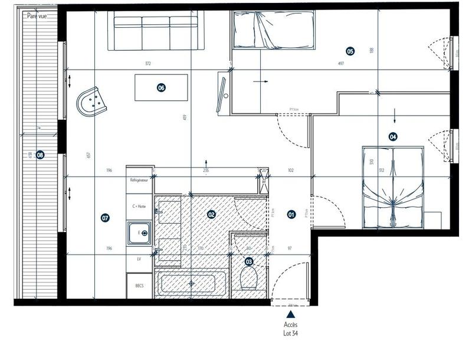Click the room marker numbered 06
click(x=161, y=88)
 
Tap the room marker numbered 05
click(x=350, y=51)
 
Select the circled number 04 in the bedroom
click(x=393, y=137)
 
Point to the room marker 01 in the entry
click(x=291, y=215)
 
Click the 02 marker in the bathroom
click(x=211, y=215)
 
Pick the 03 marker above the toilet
click(x=248, y=261)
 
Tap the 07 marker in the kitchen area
click(x=105, y=218)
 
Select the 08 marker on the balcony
click(x=40, y=155)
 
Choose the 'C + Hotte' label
click(x=140, y=206)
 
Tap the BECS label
click(x=139, y=286)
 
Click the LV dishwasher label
click(x=139, y=258)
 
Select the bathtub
click(x=191, y=284)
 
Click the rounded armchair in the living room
click(x=92, y=102)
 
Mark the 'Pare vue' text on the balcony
click(x=37, y=17)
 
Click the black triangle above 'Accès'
click(x=290, y=316)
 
